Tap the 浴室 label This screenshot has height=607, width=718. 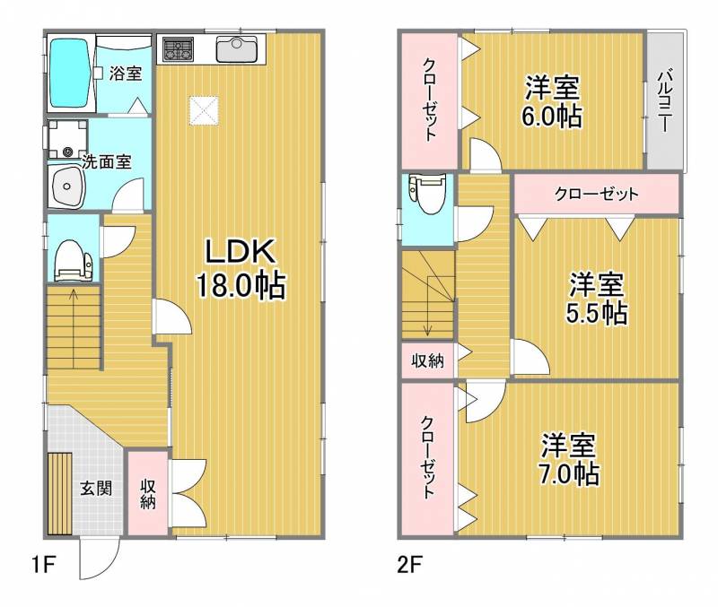tap(125, 74)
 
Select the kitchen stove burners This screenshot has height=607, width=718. tap(176, 50)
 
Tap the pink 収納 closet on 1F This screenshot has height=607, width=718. tap(147, 493)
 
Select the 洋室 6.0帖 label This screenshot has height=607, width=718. tap(552, 101)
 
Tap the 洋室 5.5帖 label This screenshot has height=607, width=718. tap(597, 299)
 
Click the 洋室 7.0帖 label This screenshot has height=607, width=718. tap(569, 458)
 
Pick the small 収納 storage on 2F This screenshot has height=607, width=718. tap(427, 360)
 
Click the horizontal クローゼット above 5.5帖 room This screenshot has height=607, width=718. tap(595, 194)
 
